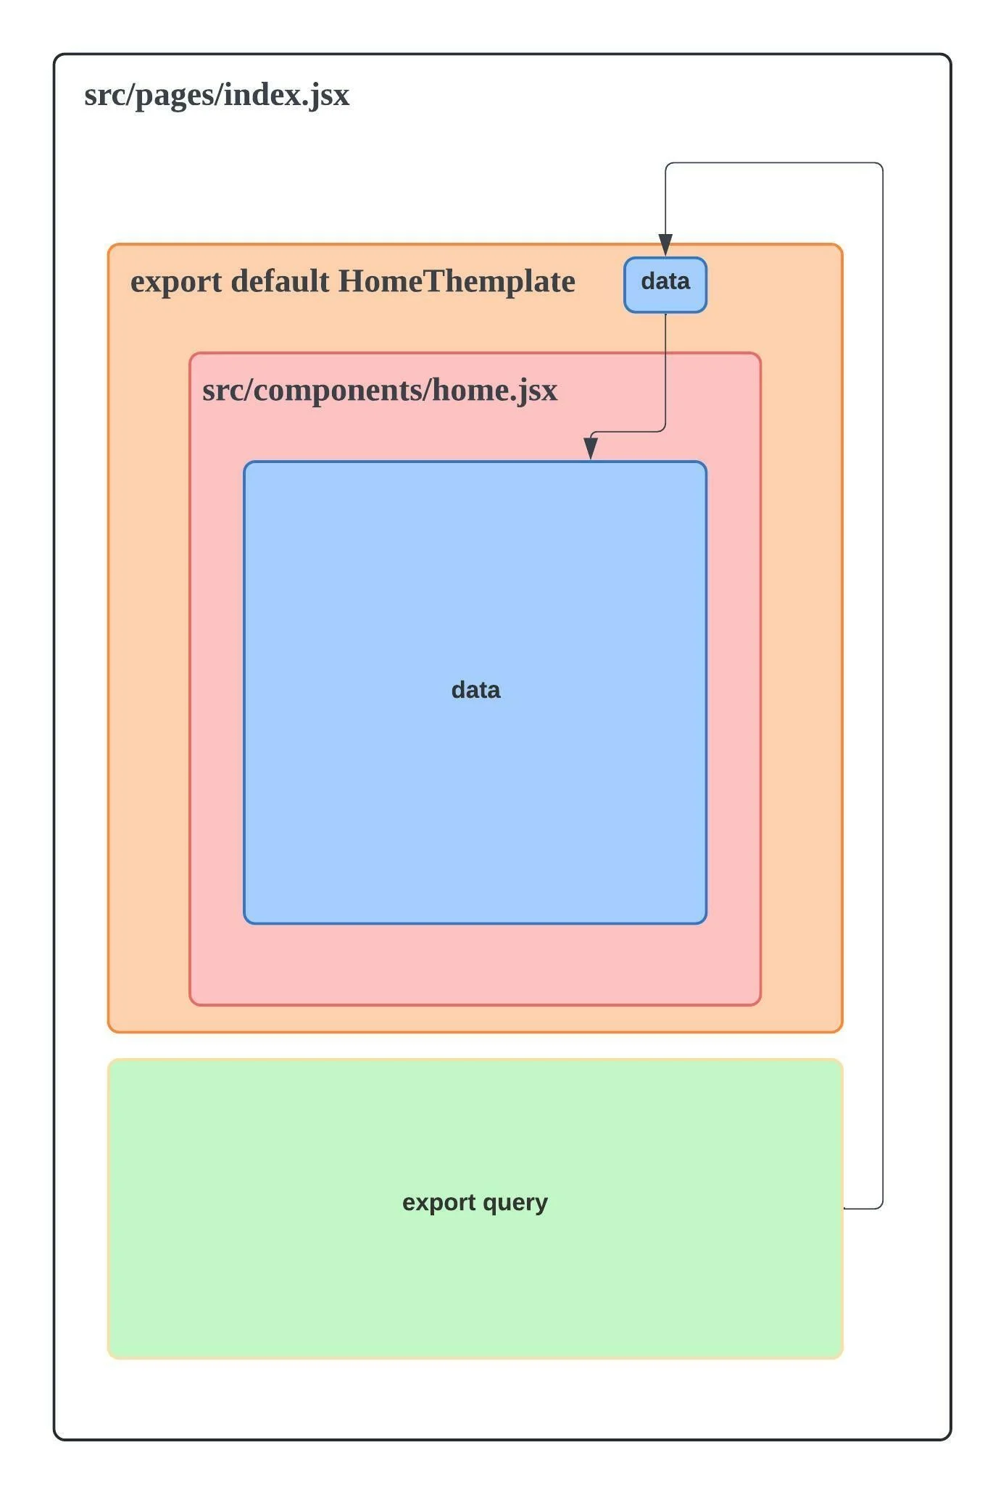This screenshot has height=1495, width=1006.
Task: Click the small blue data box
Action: click(665, 285)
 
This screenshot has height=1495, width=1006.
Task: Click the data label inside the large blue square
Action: click(475, 689)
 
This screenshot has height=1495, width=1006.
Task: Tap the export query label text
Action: click(475, 1202)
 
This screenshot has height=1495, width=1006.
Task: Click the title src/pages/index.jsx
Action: click(217, 95)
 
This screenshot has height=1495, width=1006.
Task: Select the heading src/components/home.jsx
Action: click(380, 390)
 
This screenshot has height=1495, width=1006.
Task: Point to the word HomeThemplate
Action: click(457, 281)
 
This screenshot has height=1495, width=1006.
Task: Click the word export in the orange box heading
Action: click(176, 281)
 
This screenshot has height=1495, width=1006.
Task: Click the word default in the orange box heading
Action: click(280, 281)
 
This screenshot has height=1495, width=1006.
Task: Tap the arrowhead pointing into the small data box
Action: click(665, 245)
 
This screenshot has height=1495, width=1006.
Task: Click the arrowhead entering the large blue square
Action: click(591, 449)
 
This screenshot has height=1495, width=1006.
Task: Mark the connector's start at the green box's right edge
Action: click(845, 1208)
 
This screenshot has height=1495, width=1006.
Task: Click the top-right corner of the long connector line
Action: click(881, 165)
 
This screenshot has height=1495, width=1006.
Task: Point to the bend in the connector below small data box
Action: click(664, 431)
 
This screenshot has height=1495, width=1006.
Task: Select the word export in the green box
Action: click(438, 1202)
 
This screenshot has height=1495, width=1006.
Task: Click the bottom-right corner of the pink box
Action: click(759, 1004)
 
